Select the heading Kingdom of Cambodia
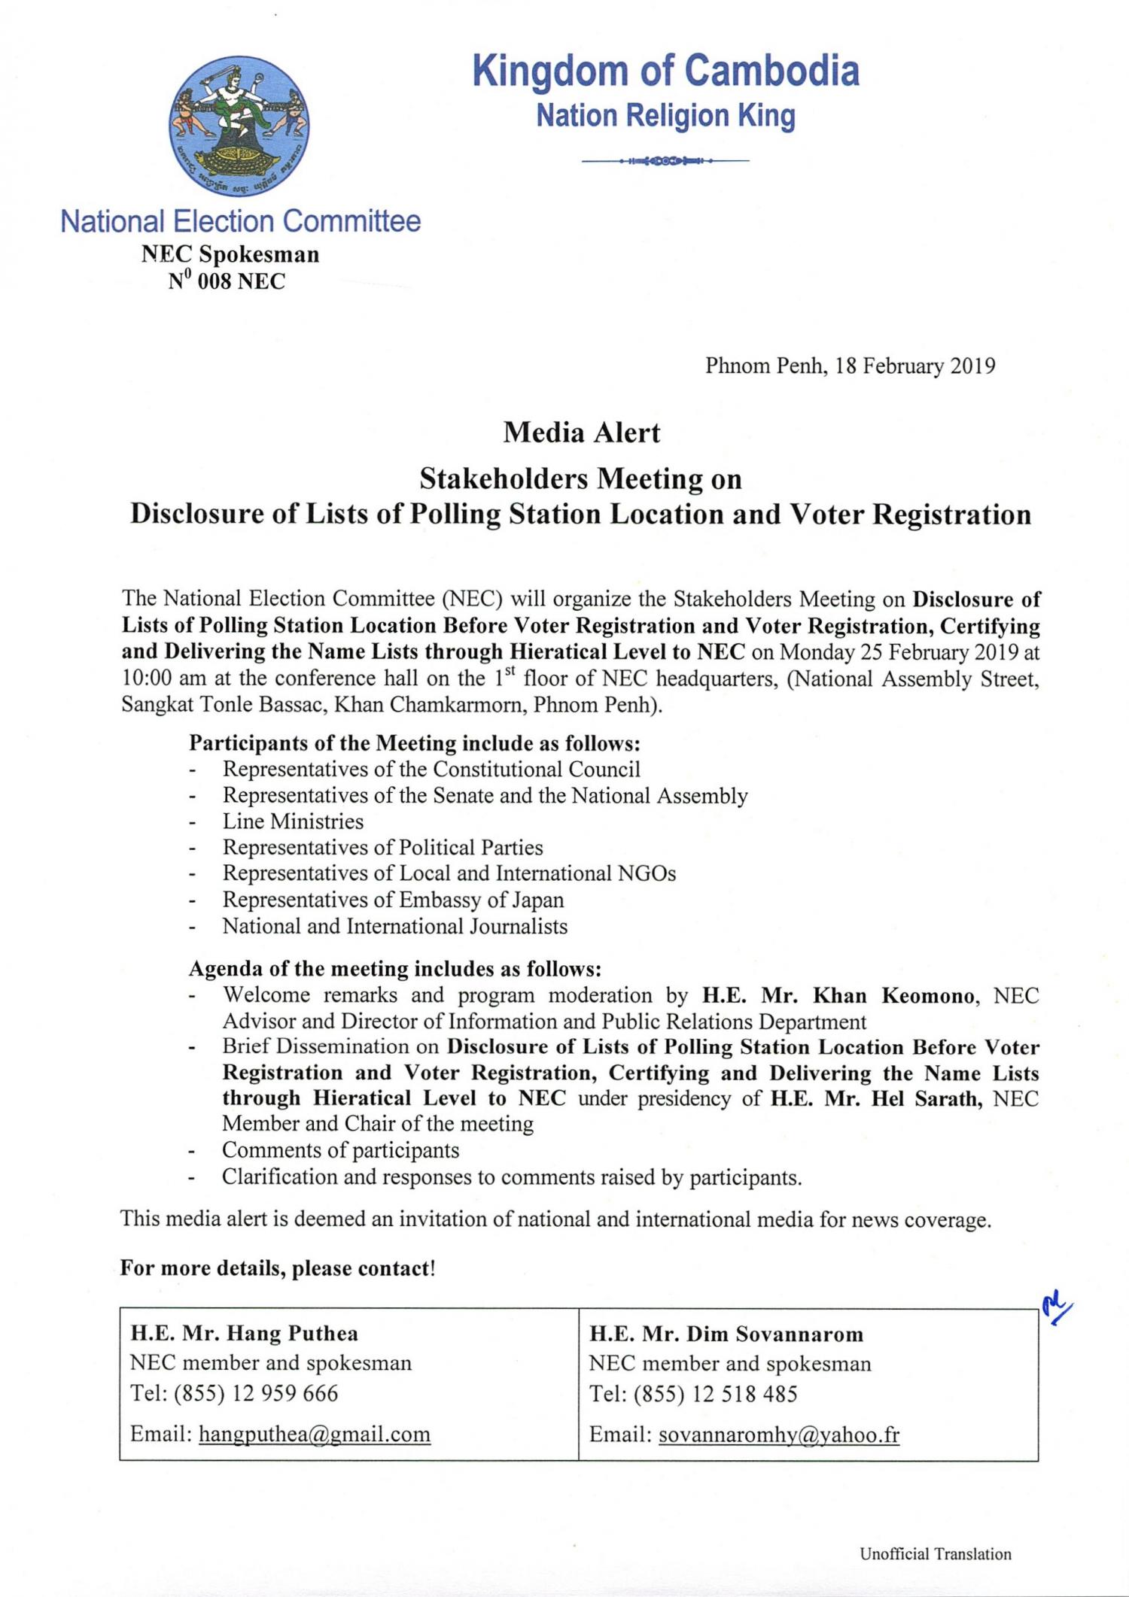(x=665, y=71)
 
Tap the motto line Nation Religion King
(x=665, y=117)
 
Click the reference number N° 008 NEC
(x=227, y=282)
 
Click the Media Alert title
(x=581, y=433)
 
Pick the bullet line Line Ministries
(x=293, y=821)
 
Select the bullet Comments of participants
(x=340, y=1150)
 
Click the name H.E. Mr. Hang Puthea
(x=244, y=1334)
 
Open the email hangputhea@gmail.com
(x=315, y=1435)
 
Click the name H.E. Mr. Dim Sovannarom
(x=726, y=1334)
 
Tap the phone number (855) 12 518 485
(x=715, y=1394)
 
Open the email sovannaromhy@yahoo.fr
(x=779, y=1435)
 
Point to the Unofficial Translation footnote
(x=936, y=1554)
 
